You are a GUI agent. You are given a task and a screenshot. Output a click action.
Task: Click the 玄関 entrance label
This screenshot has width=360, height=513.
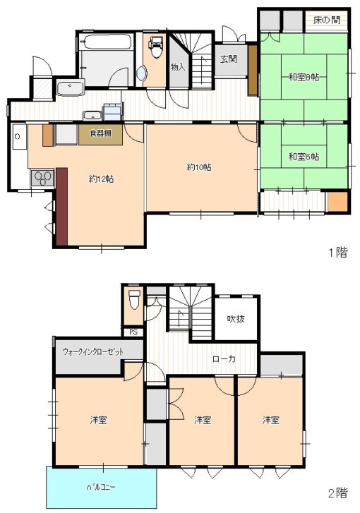229,59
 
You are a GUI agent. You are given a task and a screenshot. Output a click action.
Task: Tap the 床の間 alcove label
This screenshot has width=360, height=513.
326,20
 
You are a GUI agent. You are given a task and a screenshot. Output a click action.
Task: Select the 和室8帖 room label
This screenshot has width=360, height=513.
304,77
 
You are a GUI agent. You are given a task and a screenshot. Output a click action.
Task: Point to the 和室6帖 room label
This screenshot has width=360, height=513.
304,157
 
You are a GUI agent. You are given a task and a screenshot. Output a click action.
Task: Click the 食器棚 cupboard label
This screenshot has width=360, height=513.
100,133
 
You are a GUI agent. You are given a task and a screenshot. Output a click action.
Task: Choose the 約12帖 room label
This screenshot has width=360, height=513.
101,179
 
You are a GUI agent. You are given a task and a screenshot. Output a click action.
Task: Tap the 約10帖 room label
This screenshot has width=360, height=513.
199,167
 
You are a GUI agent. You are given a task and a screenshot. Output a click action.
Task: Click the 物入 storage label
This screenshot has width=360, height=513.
178,67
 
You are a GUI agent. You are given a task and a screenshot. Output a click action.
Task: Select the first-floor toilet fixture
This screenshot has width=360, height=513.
156,47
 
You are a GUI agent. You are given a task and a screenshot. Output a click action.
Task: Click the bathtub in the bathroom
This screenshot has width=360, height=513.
107,42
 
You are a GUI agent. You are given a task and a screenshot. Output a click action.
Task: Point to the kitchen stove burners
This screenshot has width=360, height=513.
42,179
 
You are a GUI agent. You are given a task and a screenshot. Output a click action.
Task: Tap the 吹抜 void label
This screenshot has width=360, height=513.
236,318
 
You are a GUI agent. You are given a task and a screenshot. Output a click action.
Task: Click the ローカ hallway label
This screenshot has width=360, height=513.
224,358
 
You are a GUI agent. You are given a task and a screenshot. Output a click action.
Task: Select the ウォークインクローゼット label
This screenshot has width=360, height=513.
93,352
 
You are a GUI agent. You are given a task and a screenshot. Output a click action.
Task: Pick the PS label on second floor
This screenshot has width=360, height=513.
133,332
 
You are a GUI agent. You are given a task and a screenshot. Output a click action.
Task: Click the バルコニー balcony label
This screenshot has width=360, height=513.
100,487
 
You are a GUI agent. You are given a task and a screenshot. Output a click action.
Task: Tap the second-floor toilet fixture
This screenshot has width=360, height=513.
134,299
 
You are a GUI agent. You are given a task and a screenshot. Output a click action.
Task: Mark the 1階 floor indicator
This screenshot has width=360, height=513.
337,252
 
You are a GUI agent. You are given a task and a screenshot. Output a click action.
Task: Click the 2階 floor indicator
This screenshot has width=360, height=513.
337,493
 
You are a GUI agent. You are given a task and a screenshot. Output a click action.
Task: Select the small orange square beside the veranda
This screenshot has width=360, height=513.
337,202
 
